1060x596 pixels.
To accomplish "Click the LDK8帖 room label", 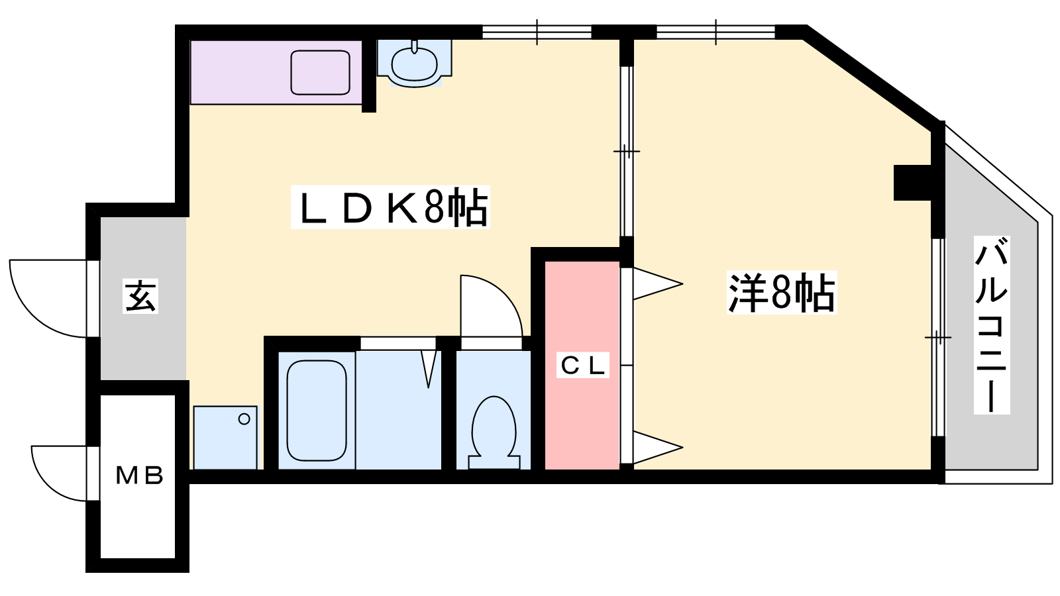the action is coord(390,207).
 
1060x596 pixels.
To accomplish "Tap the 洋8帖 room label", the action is coord(782,292).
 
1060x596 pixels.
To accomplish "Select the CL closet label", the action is coord(582,365).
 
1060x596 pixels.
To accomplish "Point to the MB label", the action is coord(140,475).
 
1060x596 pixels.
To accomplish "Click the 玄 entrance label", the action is coord(140,296).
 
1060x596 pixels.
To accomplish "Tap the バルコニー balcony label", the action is coord(991,325).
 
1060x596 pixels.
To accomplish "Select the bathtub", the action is coord(317,410).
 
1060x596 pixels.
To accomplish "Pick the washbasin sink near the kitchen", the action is coord(414,66).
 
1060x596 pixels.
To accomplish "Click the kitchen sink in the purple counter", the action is coord(321,72).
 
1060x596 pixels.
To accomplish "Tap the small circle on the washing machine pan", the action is coord(244,419).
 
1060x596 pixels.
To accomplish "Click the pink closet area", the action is coord(582,365).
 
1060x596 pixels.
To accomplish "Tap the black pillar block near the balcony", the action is coord(912,182).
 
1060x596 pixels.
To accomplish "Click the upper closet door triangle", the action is coord(658,284).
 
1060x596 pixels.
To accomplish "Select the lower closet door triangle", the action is coord(658,448).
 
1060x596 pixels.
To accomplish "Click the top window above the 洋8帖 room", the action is coord(715,32).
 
